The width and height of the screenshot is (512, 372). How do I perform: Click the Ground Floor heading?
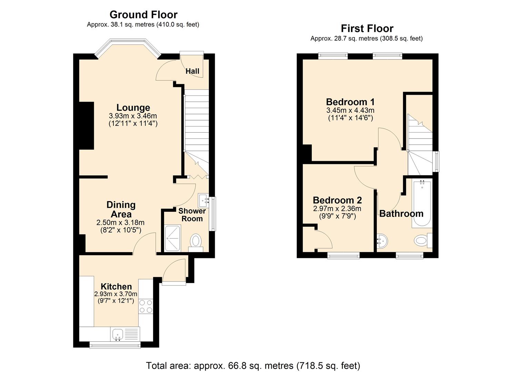pyautogui.click(x=143, y=14)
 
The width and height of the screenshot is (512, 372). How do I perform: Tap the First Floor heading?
pyautogui.click(x=367, y=28)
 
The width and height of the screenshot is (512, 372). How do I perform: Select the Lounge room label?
pyautogui.click(x=133, y=107)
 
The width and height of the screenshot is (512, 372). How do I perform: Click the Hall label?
pyautogui.click(x=192, y=71)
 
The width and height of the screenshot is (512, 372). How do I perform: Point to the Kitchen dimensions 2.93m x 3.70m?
pyautogui.click(x=116, y=294)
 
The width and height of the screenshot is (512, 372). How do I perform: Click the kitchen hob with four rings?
pyautogui.click(x=145, y=306)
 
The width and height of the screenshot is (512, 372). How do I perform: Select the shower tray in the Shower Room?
pyautogui.click(x=173, y=238)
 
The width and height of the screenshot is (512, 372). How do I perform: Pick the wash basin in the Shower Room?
pyautogui.click(x=203, y=199)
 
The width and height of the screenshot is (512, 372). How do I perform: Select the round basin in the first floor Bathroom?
pyautogui.click(x=382, y=241)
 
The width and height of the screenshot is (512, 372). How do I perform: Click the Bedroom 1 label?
pyautogui.click(x=350, y=102)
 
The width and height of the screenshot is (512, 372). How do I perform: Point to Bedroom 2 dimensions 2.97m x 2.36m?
pyautogui.click(x=337, y=209)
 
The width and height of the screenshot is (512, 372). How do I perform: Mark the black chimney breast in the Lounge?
pyautogui.click(x=87, y=126)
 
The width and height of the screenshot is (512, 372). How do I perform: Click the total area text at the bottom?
pyautogui.click(x=253, y=365)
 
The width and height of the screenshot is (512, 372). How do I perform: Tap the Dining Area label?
pyautogui.click(x=121, y=209)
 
